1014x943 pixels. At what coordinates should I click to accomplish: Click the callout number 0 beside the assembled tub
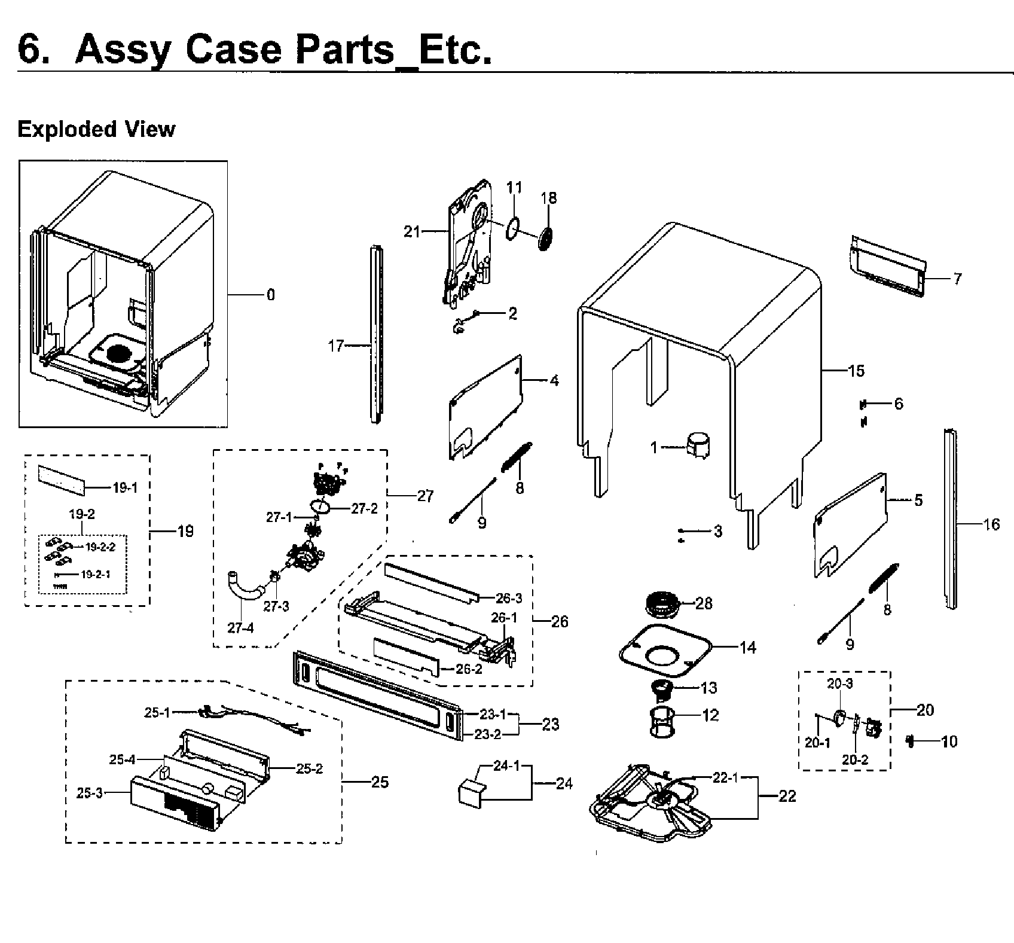(x=271, y=295)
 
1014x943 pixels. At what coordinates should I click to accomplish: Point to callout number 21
(x=411, y=231)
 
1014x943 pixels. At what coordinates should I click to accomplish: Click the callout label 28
(x=704, y=603)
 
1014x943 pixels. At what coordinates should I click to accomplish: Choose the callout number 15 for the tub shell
(x=856, y=371)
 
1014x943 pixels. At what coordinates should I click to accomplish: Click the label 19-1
(x=125, y=488)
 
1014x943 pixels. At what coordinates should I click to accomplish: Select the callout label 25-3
(x=90, y=794)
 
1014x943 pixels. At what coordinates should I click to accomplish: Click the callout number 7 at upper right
(x=957, y=279)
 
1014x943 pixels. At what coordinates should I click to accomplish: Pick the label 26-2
(x=469, y=669)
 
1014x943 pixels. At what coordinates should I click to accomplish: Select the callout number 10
(x=949, y=741)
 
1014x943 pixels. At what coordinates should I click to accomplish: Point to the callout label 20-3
(x=840, y=683)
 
